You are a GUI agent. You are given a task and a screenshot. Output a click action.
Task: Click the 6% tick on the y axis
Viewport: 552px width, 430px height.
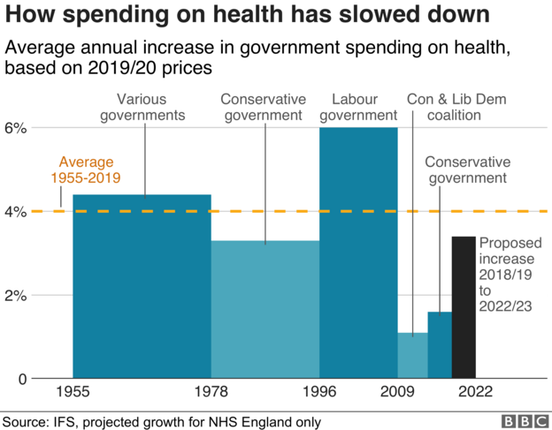pyautogui.click(x=17, y=128)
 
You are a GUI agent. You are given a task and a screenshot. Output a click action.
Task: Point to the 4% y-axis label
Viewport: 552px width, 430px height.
pyautogui.click(x=17, y=212)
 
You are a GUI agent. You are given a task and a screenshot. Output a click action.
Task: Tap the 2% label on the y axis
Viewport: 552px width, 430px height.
pyautogui.click(x=17, y=296)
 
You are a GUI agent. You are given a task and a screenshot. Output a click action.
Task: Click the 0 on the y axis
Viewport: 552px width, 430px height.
pyautogui.click(x=21, y=379)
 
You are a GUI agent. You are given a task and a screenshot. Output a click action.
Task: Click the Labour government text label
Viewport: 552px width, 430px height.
pyautogui.click(x=358, y=107)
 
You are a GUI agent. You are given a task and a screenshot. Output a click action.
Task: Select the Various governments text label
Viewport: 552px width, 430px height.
pyautogui.click(x=142, y=107)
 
